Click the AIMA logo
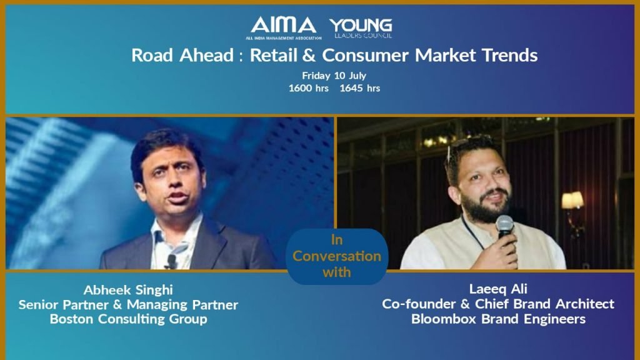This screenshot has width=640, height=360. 283,27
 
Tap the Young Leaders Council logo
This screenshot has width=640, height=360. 361,28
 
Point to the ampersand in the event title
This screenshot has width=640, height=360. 309,56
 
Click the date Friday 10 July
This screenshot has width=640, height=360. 334,76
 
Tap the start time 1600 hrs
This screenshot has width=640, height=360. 309,88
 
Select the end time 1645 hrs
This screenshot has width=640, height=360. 359,88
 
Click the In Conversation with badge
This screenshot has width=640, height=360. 337,256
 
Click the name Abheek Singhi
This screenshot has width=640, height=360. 128,290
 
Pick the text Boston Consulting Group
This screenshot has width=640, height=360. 129,319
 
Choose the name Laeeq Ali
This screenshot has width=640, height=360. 498,289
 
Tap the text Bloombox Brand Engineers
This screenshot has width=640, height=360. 498,319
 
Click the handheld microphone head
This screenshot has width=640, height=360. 504,225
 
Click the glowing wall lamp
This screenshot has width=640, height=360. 572,201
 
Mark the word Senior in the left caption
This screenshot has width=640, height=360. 39,305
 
